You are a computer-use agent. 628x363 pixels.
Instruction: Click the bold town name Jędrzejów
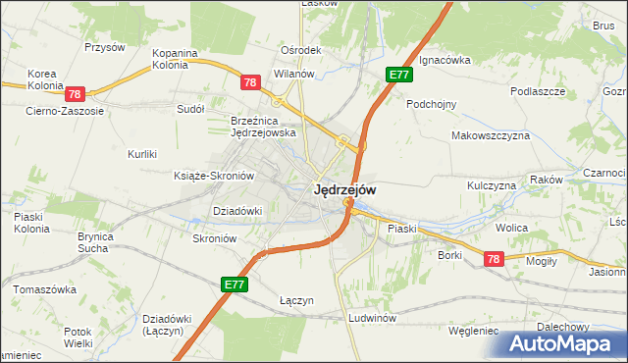click(x=343, y=191)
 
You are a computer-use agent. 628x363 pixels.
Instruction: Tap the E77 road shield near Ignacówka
click(x=398, y=75)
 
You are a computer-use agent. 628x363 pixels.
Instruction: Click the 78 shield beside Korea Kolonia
click(x=76, y=95)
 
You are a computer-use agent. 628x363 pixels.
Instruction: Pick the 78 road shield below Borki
click(x=494, y=258)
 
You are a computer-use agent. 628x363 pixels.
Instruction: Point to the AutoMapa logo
click(x=565, y=343)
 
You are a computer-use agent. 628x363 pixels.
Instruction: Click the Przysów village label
click(x=105, y=46)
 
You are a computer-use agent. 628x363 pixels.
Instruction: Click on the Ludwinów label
click(x=371, y=319)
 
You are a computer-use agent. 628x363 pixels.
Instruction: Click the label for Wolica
click(x=511, y=228)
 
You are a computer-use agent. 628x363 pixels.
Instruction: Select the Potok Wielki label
click(x=78, y=337)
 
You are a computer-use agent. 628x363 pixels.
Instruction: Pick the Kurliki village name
click(x=143, y=154)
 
